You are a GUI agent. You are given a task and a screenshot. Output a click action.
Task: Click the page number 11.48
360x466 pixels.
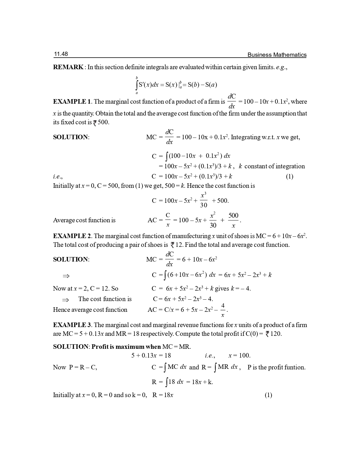pyautogui.click(x=61, y=54)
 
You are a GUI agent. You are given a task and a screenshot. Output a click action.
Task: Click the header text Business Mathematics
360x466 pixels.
pyautogui.click(x=277, y=55)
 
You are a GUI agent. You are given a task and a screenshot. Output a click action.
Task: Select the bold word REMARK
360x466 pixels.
pyautogui.click(x=68, y=67)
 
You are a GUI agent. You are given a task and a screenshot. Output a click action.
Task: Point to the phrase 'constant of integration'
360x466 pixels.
pyautogui.click(x=274, y=166)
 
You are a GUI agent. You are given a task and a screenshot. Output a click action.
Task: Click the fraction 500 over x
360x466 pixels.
pyautogui.click(x=233, y=221)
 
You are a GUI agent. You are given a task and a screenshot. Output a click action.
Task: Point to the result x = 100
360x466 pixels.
pyautogui.click(x=239, y=356)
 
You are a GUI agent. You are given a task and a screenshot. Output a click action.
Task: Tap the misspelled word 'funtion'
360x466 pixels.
pyautogui.click(x=296, y=367)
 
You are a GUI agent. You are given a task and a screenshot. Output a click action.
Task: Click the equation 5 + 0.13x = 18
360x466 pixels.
pyautogui.click(x=151, y=356)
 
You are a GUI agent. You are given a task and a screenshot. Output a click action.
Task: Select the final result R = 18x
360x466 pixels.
pyautogui.click(x=163, y=395)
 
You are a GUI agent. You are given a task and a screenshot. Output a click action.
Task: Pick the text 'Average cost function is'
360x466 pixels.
pyautogui.click(x=84, y=220)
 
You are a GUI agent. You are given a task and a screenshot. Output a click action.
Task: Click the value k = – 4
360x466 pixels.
pyautogui.click(x=241, y=289)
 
